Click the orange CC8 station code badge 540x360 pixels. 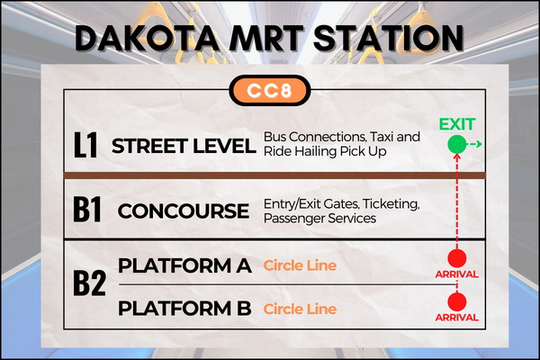click(x=270, y=91)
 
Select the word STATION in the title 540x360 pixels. click(x=389, y=38)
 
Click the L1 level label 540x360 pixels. click(x=85, y=145)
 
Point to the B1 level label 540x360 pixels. click(x=87, y=209)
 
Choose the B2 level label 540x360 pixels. click(x=89, y=283)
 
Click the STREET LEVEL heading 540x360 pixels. click(x=184, y=146)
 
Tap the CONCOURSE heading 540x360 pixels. click(x=184, y=211)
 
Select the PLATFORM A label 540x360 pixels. click(x=184, y=265)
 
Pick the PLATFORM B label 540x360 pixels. click(x=184, y=309)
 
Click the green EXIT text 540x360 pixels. click(x=457, y=124)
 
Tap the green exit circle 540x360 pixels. click(x=457, y=144)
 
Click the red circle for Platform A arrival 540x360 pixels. click(x=457, y=258)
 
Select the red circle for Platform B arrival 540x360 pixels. click(x=457, y=301)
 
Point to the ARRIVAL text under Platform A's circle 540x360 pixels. click(x=456, y=274)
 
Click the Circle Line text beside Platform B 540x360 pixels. click(x=300, y=309)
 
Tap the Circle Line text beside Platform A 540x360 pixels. click(x=300, y=265)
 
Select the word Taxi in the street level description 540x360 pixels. click(x=382, y=137)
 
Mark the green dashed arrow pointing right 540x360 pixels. click(x=474, y=144)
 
